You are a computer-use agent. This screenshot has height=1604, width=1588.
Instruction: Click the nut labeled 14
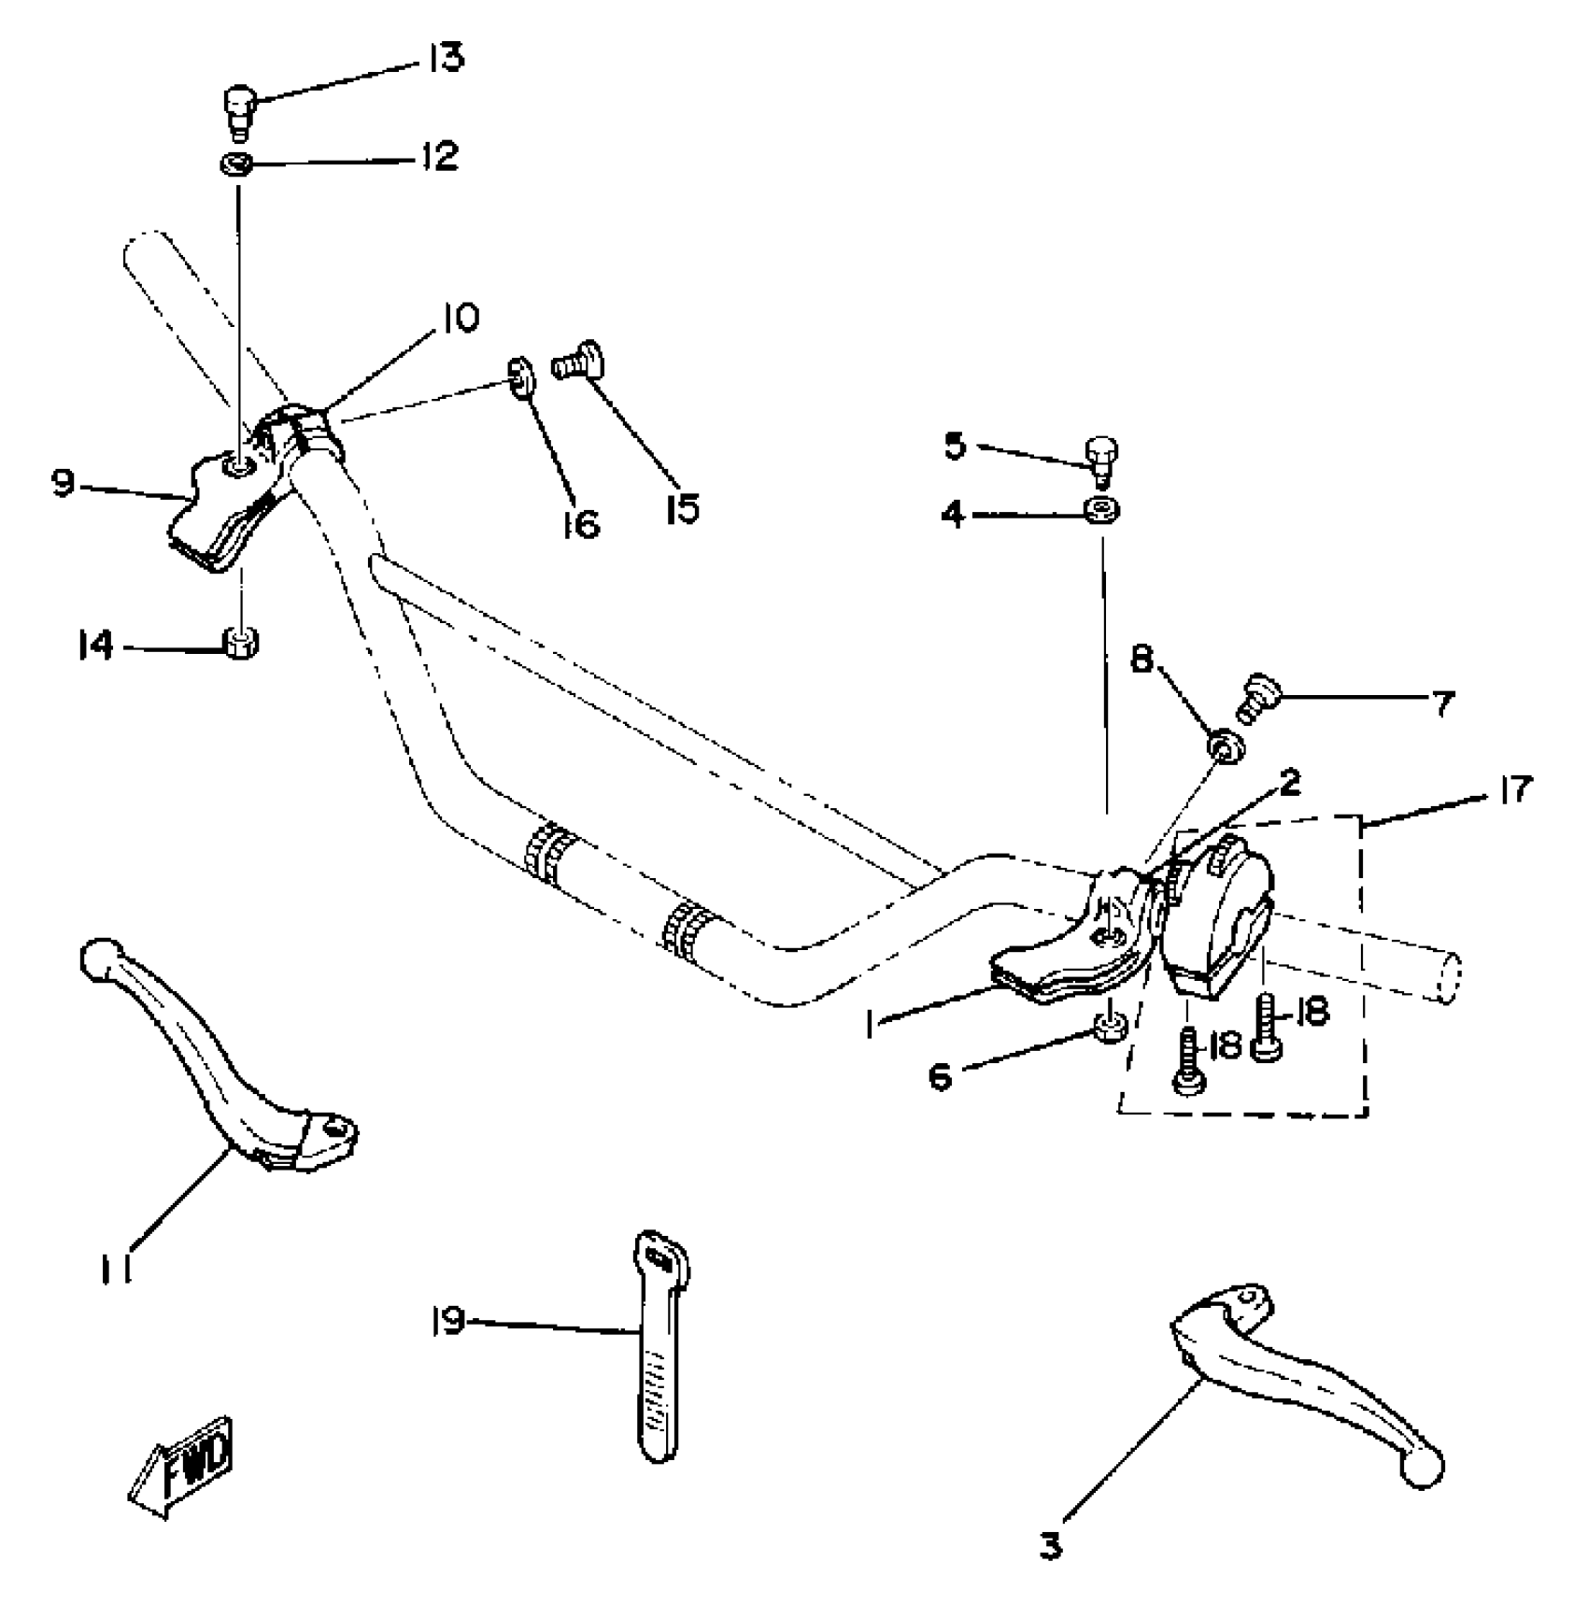point(242,642)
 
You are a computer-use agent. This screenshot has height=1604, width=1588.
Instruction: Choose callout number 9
point(63,484)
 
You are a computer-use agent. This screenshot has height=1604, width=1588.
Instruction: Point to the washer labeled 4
point(1103,510)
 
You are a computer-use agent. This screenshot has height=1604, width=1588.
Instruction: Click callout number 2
point(1290,782)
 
